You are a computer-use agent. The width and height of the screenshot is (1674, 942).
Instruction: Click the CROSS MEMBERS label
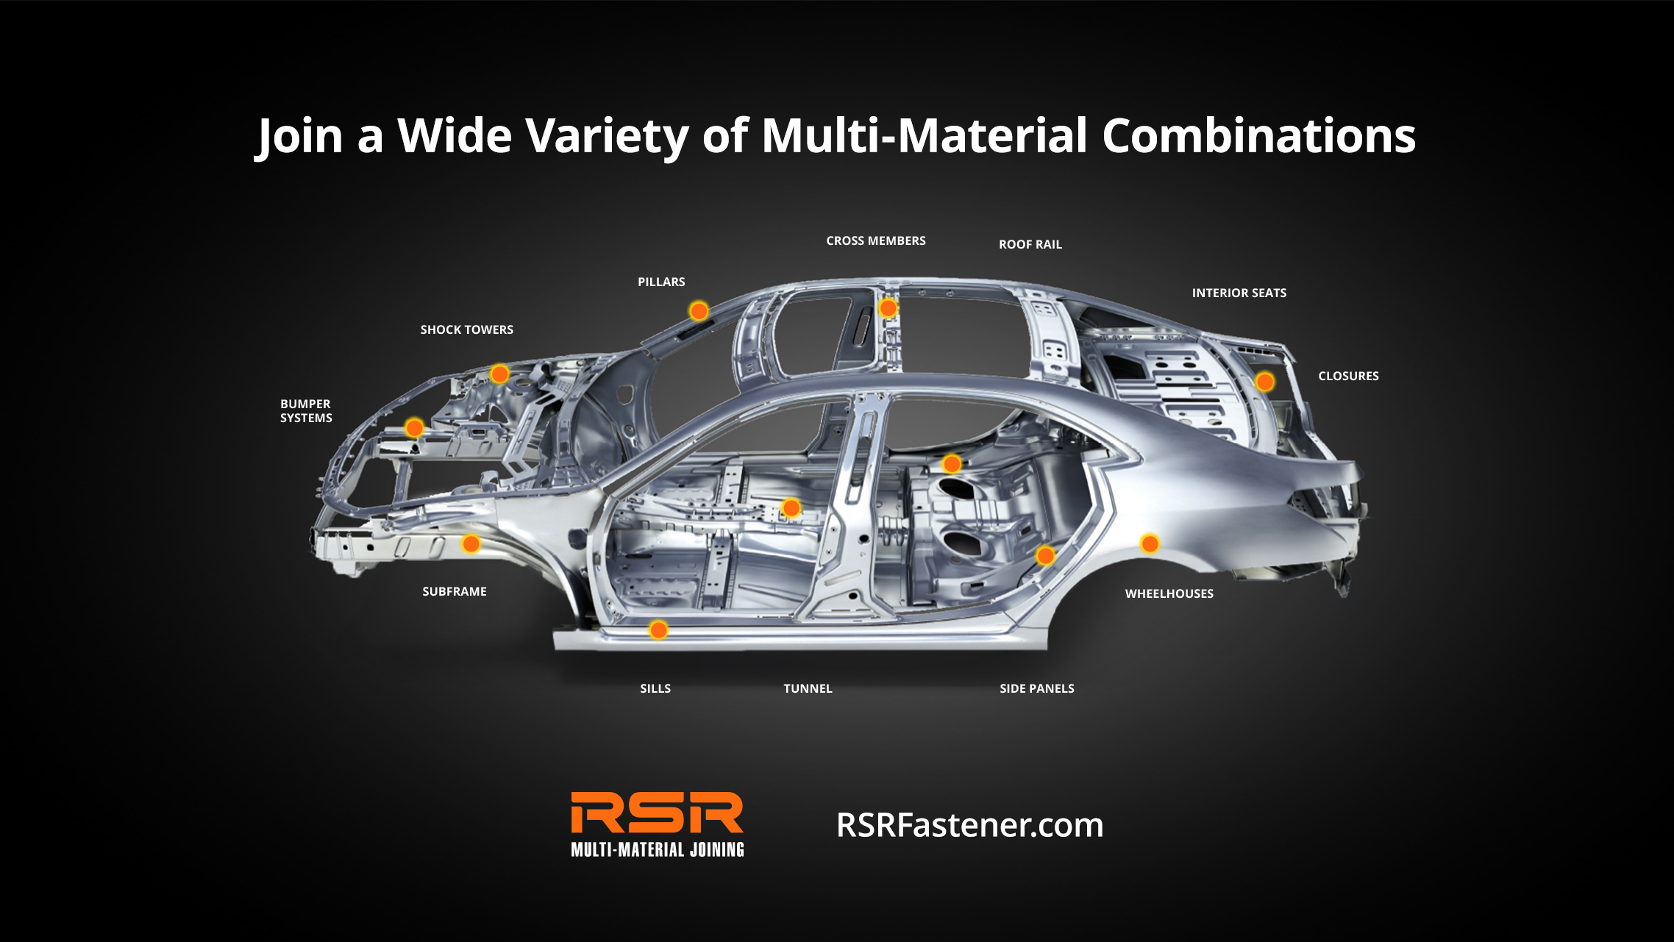[x=875, y=241]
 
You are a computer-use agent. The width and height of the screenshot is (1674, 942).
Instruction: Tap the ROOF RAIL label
[x=1030, y=245]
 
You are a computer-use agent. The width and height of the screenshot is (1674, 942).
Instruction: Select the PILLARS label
[x=660, y=282]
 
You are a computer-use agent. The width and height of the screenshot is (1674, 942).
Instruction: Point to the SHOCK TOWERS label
[x=466, y=330]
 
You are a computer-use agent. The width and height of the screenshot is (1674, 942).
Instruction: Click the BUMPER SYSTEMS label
[x=306, y=411]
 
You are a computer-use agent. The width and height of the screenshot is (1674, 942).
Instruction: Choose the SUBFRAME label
[x=454, y=592]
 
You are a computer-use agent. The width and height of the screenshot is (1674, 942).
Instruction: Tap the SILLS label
[x=655, y=689]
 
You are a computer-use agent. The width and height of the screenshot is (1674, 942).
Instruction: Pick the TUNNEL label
[x=808, y=689]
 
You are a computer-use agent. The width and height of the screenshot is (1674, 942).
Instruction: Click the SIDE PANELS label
[x=1036, y=689]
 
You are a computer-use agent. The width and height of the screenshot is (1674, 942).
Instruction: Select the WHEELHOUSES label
[x=1169, y=594]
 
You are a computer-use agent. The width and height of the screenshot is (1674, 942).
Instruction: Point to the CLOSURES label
[x=1347, y=377]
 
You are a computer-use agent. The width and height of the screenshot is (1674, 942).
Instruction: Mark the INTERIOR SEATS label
[x=1239, y=293]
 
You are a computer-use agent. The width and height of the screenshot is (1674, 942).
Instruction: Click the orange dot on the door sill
[x=658, y=629]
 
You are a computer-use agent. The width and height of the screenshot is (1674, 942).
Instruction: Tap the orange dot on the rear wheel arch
[x=1150, y=543]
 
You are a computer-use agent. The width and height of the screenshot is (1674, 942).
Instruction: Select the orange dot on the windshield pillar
[x=699, y=311]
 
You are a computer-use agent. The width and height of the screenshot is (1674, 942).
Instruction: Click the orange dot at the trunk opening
[x=1264, y=382]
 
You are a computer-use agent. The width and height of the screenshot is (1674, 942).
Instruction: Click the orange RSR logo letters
[x=657, y=813]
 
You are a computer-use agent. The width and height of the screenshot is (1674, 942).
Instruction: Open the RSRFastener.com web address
[x=969, y=826]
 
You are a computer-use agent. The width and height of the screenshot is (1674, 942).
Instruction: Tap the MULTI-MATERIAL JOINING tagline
[x=657, y=850]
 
